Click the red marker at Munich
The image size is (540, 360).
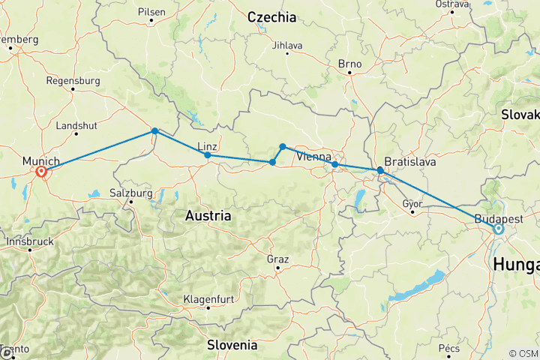pyautogui.click(x=41, y=172)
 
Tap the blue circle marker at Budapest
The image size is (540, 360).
pyautogui.click(x=498, y=229)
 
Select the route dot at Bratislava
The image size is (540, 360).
pyautogui.click(x=380, y=170)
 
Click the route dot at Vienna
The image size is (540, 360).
pyautogui.click(x=334, y=164)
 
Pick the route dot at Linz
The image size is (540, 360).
pyautogui.click(x=207, y=155)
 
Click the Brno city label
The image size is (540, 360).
pyautogui.click(x=349, y=64)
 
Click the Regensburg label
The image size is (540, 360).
pyautogui.click(x=73, y=80)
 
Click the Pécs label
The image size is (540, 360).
pyautogui.click(x=449, y=348)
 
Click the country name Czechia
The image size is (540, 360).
pyautogui.click(x=271, y=17)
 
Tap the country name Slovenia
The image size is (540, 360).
pyautogui.click(x=232, y=345)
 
